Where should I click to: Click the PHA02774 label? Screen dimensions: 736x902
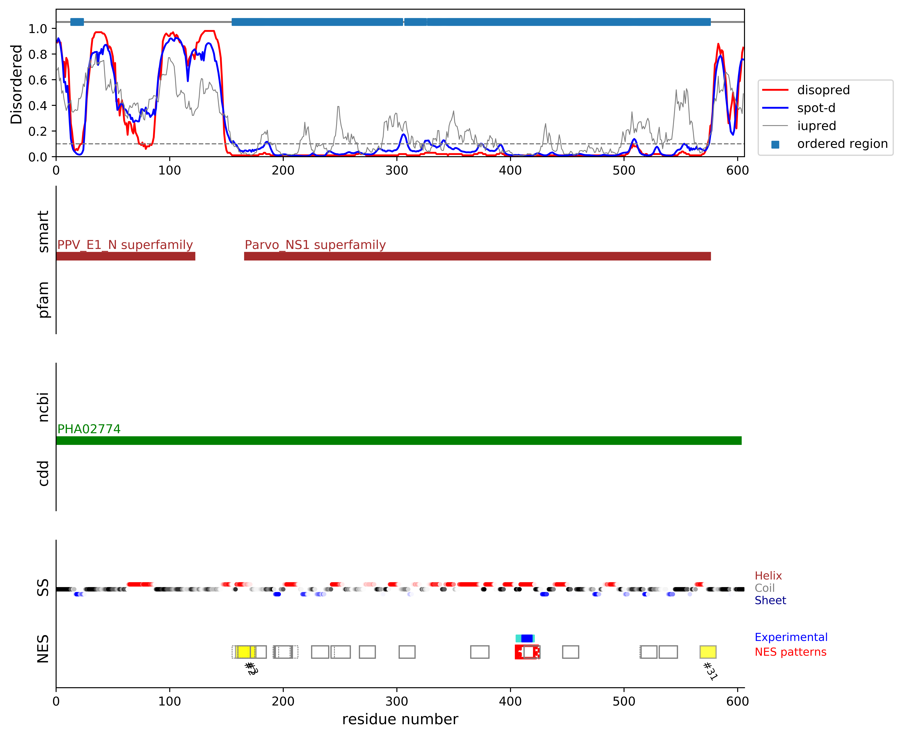coord(89,429)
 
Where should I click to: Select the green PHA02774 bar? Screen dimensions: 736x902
coord(398,440)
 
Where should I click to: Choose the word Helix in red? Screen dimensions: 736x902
coord(768,576)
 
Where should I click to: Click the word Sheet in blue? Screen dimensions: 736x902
coord(770,600)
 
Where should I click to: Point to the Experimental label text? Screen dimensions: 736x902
coord(791,637)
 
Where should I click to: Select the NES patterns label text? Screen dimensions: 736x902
coord(791,652)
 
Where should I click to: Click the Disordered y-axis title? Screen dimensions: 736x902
coord(16,84)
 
